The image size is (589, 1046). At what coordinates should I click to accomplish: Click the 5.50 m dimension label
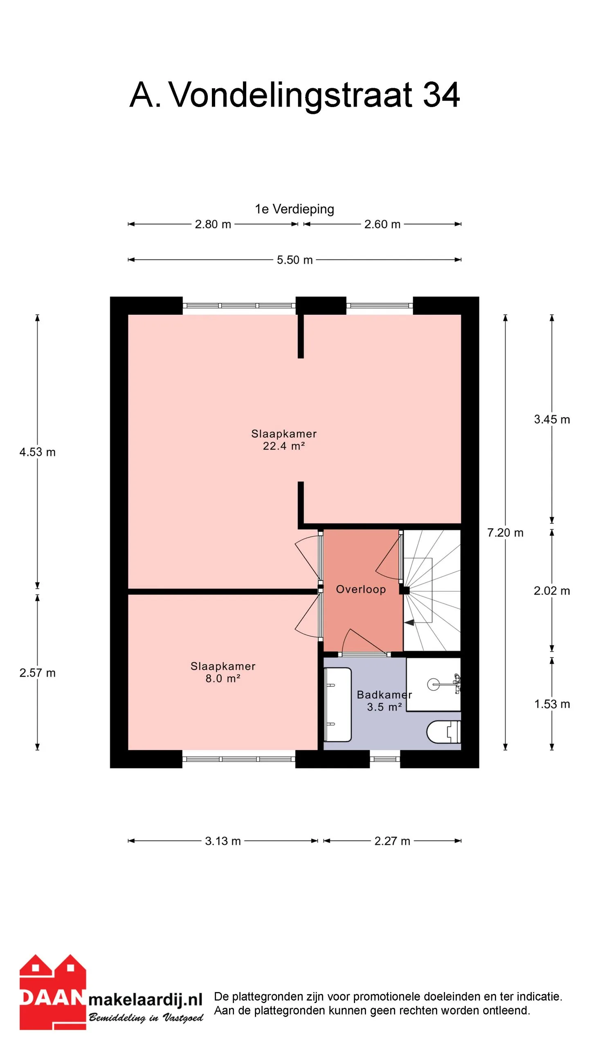pos(294,260)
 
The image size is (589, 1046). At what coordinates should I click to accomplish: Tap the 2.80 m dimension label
pos(213,224)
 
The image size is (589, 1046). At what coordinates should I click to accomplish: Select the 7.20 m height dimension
pos(505,533)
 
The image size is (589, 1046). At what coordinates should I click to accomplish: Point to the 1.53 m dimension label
pos(552,704)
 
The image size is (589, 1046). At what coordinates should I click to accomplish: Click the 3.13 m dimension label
pos(223,841)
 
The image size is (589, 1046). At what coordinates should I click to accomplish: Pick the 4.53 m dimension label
pos(37,452)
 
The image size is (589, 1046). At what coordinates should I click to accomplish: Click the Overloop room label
pos(361,589)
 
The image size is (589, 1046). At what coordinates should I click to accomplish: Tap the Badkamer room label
pos(384,695)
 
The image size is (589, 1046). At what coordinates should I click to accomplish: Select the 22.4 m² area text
pos(284,446)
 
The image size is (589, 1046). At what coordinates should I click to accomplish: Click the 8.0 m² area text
pos(223,678)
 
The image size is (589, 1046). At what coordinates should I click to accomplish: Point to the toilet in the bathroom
pos(443,732)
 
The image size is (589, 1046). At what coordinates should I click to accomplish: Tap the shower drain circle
pos(433,684)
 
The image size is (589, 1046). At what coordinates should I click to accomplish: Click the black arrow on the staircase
pos(409,622)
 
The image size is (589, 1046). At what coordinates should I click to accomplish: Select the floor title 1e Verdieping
pos(294,209)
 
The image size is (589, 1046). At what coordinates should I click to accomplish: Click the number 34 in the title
pos(441,95)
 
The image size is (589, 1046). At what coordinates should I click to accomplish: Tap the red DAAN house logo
pos(53,992)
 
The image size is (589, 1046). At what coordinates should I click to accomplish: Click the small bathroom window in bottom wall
pos(385,759)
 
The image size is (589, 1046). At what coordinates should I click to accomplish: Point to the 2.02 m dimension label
pos(552,591)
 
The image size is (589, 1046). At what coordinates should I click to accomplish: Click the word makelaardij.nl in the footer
pos(146,999)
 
